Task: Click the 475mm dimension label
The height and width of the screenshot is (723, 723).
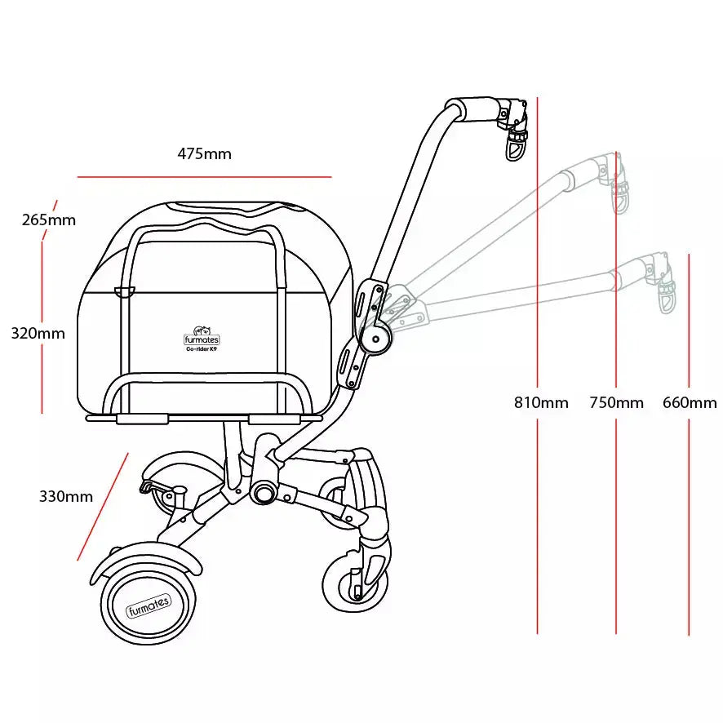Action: tap(204, 153)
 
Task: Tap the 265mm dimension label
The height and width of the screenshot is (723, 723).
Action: tap(49, 220)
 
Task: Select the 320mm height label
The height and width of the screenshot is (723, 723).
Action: tap(38, 333)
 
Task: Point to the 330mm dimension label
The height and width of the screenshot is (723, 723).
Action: tap(66, 496)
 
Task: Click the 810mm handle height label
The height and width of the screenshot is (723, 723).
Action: tap(541, 402)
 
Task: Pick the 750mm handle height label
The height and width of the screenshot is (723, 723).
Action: tap(616, 402)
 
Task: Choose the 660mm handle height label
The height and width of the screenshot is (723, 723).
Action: tap(690, 402)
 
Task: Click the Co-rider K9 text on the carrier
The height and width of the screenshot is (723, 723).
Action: tap(202, 348)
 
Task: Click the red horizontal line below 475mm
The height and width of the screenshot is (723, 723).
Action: tap(204, 176)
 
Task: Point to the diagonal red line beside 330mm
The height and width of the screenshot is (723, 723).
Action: tap(103, 507)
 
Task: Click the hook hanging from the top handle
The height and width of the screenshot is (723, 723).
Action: tap(517, 146)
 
